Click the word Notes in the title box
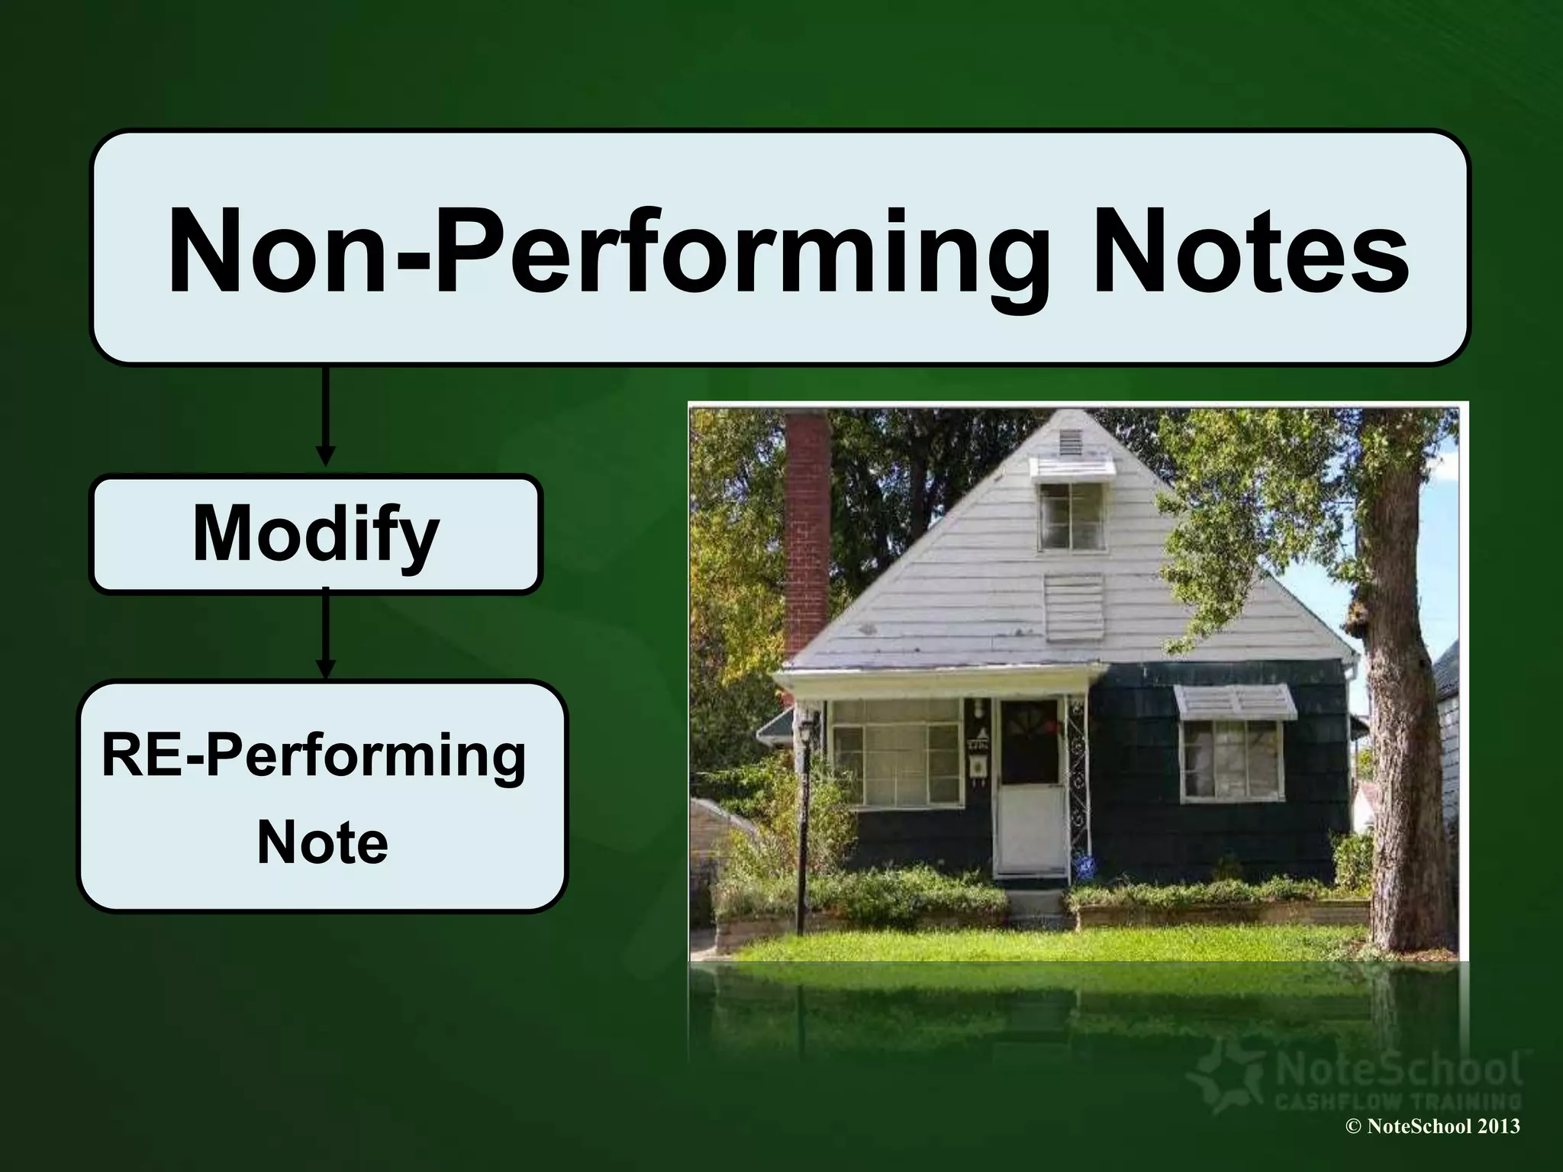1252,252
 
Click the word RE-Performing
314,755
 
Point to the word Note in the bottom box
322,842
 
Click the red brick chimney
807,534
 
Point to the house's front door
1030,786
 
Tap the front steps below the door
1036,904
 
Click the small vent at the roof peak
1070,440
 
